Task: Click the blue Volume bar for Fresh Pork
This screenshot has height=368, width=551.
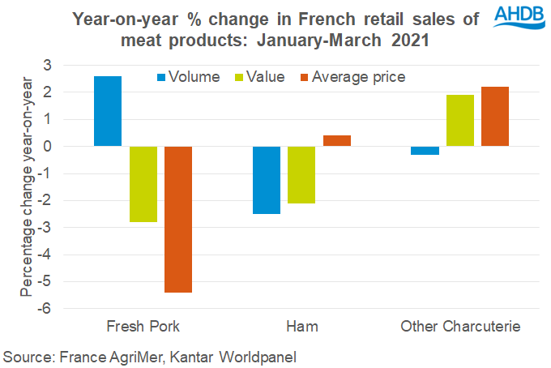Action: coord(108,111)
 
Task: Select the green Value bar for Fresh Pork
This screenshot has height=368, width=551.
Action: coord(143,184)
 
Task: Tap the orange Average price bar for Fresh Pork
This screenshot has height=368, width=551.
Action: coord(178,219)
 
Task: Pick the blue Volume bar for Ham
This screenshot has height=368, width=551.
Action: coord(267,180)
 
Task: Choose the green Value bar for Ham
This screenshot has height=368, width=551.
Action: coord(302,174)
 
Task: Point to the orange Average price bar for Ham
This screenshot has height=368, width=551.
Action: coord(337,141)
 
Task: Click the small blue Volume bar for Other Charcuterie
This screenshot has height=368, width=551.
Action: coord(425,150)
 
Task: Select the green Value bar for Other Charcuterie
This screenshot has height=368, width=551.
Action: coord(460,121)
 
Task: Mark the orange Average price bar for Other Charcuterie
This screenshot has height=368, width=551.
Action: coord(495,117)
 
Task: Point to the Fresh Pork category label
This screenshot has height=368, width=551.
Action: coord(143,327)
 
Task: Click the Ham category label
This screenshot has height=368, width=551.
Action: coord(301,327)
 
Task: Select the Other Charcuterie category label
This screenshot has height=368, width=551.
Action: coord(460,327)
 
